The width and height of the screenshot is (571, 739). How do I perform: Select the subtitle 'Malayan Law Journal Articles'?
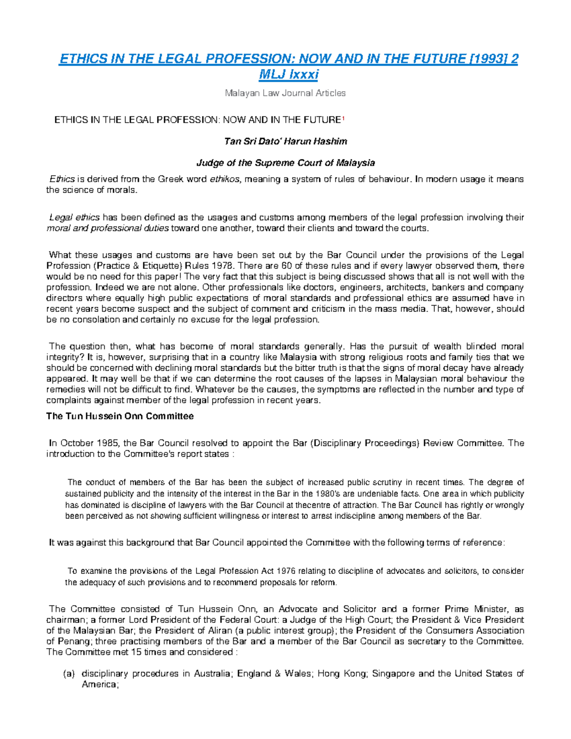[285, 93]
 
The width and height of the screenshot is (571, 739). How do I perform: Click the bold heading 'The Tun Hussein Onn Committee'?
[120, 416]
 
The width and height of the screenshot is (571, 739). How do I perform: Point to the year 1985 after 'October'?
[108, 443]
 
